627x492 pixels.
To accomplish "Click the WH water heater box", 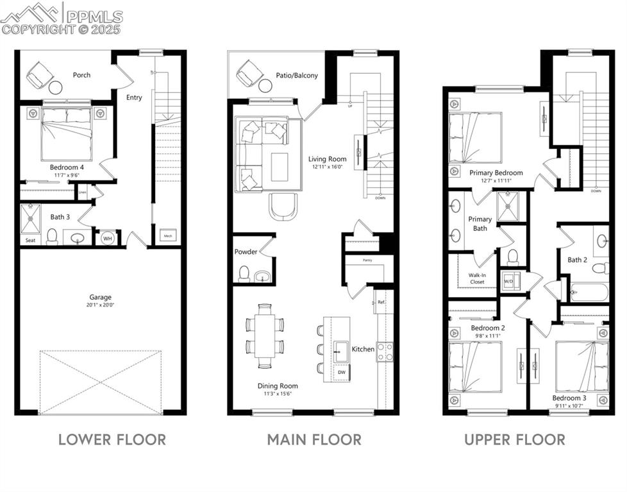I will pyautogui.click(x=107, y=237).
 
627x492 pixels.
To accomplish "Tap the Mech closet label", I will pyautogui.click(x=168, y=235).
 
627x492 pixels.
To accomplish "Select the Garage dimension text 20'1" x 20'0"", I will pyautogui.click(x=101, y=305).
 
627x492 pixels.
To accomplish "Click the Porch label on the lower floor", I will pyautogui.click(x=81, y=75).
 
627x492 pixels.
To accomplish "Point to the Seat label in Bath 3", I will pyautogui.click(x=30, y=241).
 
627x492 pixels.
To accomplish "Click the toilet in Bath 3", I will pyautogui.click(x=52, y=237).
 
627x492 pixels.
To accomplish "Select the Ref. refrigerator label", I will pyautogui.click(x=381, y=301).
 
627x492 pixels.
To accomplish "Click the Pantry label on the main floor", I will pyautogui.click(x=367, y=260).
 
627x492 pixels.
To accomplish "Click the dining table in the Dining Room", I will pyautogui.click(x=265, y=335).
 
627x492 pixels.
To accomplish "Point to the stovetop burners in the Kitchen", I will pyautogui.click(x=385, y=352).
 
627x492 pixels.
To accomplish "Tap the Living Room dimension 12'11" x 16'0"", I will pyautogui.click(x=327, y=167).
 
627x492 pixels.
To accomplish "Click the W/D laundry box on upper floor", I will pyautogui.click(x=509, y=281).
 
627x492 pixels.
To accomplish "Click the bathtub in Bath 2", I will pyautogui.click(x=589, y=293).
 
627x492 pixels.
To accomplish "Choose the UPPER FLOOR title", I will pyautogui.click(x=515, y=439).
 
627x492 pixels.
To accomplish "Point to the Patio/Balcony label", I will pyautogui.click(x=297, y=76).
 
